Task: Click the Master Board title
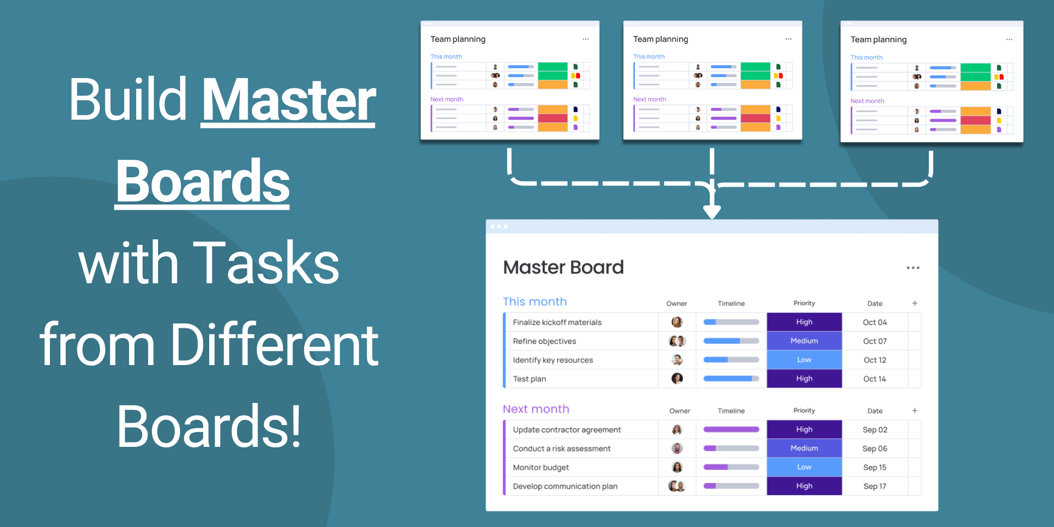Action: (x=563, y=267)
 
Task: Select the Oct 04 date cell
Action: (x=874, y=322)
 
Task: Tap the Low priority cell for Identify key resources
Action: (x=804, y=360)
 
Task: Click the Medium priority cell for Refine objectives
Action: (x=804, y=341)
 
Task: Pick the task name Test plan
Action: (x=529, y=379)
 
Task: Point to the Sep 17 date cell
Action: (x=874, y=486)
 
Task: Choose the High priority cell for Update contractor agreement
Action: (x=804, y=429)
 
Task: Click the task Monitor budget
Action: (x=541, y=467)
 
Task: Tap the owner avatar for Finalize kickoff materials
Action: (x=677, y=322)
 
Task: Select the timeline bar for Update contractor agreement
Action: (x=731, y=429)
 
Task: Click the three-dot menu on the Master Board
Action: (x=913, y=268)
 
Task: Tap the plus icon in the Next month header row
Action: (x=915, y=411)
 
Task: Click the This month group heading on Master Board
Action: (x=535, y=301)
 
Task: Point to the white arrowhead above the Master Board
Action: (x=712, y=212)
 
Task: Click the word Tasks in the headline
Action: (x=267, y=263)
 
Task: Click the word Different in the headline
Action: (x=274, y=345)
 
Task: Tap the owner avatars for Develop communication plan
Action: (x=677, y=486)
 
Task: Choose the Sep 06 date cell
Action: (x=874, y=448)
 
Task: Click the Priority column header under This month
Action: (x=804, y=303)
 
